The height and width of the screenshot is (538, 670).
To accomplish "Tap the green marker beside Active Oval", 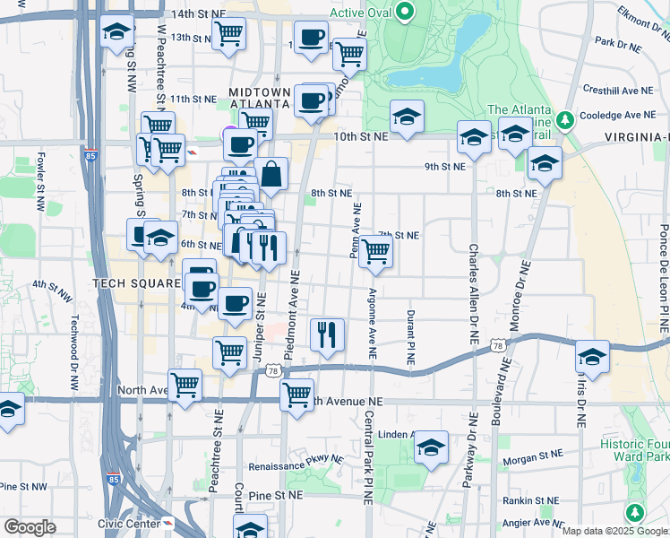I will [x=404, y=13].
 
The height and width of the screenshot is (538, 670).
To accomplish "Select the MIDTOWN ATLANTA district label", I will [x=260, y=98].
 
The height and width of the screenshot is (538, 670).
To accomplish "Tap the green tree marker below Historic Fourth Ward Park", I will [x=636, y=513].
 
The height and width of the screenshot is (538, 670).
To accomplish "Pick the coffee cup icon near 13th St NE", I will [x=311, y=38].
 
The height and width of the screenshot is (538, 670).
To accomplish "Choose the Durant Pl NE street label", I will [x=410, y=337].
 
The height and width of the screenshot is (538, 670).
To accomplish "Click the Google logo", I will [x=30, y=527].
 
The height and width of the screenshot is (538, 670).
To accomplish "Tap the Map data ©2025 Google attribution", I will [x=614, y=531].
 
